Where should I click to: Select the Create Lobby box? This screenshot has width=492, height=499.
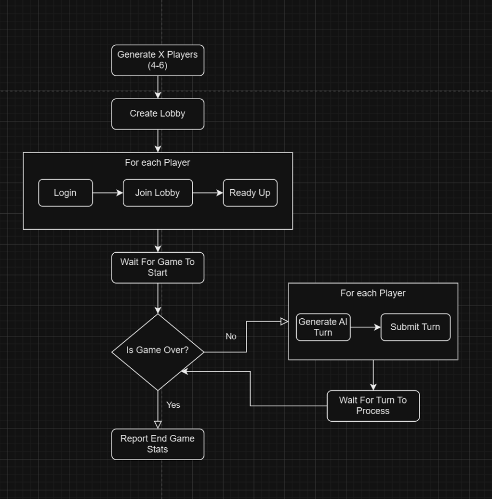click(157, 114)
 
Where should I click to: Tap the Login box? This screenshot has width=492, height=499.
click(65, 192)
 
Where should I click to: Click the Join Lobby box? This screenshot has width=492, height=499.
click(157, 192)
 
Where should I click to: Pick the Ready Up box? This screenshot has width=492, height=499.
click(250, 192)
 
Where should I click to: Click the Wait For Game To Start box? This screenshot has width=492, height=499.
click(157, 267)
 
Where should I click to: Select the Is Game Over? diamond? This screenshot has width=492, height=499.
click(157, 351)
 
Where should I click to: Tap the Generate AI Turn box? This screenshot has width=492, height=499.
click(323, 327)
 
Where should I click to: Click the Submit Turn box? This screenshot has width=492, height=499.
click(415, 327)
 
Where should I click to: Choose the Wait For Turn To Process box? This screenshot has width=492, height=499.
click(373, 406)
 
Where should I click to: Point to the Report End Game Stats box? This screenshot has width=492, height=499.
click(157, 444)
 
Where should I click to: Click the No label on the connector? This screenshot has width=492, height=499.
click(231, 336)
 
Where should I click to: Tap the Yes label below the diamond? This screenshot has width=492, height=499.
click(173, 405)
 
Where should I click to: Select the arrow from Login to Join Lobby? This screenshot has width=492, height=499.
click(108, 192)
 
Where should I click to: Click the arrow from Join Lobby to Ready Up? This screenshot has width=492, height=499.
click(208, 192)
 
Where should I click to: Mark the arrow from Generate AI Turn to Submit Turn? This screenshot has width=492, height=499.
click(366, 327)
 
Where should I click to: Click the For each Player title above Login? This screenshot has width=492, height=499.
click(157, 163)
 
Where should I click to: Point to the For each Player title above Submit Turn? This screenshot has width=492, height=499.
click(373, 293)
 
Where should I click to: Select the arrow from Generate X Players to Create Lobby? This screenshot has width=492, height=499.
click(157, 87)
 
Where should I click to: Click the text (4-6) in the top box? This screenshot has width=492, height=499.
click(157, 66)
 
